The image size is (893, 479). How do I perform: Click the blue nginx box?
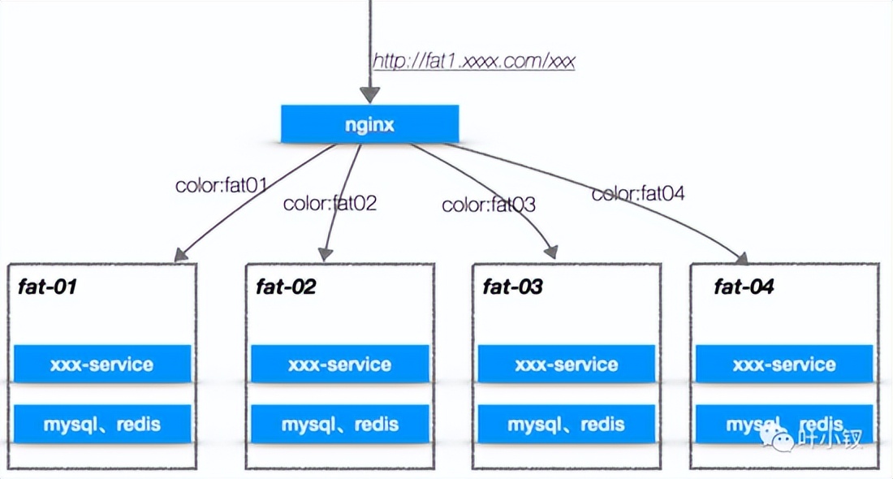pyautogui.click(x=369, y=123)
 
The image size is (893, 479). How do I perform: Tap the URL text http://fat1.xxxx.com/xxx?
pyautogui.click(x=474, y=61)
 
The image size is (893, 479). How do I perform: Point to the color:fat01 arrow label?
pyautogui.click(x=222, y=185)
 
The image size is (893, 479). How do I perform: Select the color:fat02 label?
pyautogui.click(x=330, y=203)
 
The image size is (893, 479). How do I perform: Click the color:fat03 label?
pyautogui.click(x=489, y=205)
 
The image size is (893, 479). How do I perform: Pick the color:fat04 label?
pyautogui.click(x=638, y=194)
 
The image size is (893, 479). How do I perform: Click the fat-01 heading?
pyautogui.click(x=47, y=287)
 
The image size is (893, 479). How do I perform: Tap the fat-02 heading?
pyautogui.click(x=286, y=287)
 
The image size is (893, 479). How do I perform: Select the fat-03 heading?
pyautogui.click(x=512, y=287)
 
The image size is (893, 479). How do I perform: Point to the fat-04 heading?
pyautogui.click(x=744, y=287)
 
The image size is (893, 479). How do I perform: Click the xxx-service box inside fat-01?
pyautogui.click(x=102, y=364)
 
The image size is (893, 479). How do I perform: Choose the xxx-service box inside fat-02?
pyautogui.click(x=340, y=364)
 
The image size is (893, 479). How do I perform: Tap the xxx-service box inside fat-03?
pyautogui.click(x=567, y=364)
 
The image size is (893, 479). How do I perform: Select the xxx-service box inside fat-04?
pyautogui.click(x=784, y=364)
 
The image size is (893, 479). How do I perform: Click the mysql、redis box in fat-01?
pyautogui.click(x=102, y=424)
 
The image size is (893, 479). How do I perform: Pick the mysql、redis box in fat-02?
pyautogui.click(x=340, y=424)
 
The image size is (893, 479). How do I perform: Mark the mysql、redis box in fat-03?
pyautogui.click(x=567, y=424)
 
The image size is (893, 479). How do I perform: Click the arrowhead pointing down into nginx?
pyautogui.click(x=369, y=95)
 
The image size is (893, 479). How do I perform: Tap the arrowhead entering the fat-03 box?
pyautogui.click(x=551, y=252)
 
